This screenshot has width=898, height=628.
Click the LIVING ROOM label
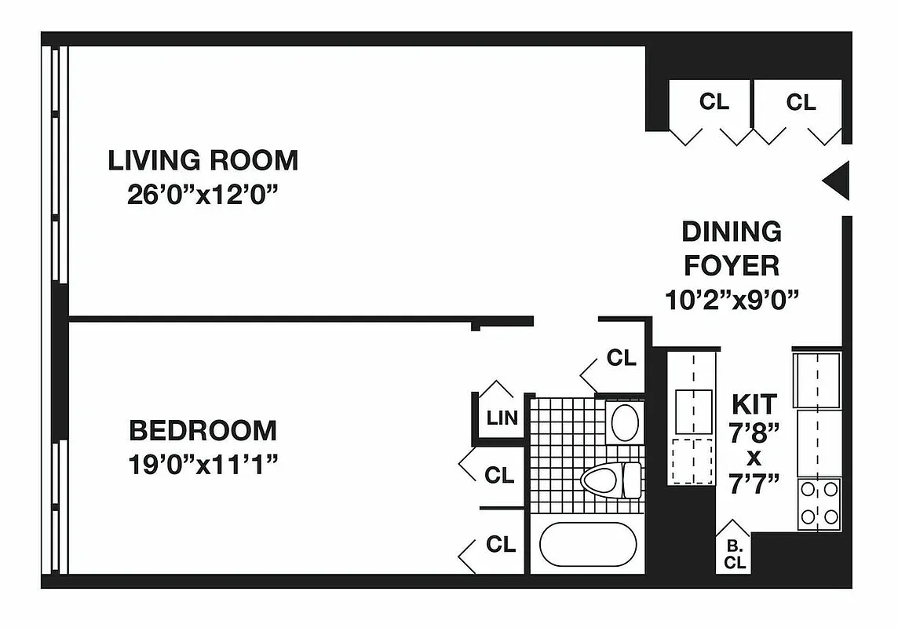tap(203, 160)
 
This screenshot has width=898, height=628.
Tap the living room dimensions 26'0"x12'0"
tap(203, 194)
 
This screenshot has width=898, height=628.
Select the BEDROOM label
tap(203, 430)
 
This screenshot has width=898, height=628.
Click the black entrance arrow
tap(837, 181)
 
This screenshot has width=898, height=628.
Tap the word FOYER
tap(731, 265)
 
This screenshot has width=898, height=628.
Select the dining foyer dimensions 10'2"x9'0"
tap(731, 299)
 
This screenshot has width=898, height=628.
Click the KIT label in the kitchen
tap(754, 404)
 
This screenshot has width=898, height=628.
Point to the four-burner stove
tap(819, 503)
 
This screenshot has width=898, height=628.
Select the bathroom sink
tap(625, 422)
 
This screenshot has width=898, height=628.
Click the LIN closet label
tap(502, 418)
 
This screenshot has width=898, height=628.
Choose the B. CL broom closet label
tap(735, 555)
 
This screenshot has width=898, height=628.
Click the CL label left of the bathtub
tap(500, 544)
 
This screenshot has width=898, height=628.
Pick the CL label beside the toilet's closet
tap(499, 475)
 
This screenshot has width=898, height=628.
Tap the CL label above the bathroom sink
tap(621, 358)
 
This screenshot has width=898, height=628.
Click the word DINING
tap(731, 232)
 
